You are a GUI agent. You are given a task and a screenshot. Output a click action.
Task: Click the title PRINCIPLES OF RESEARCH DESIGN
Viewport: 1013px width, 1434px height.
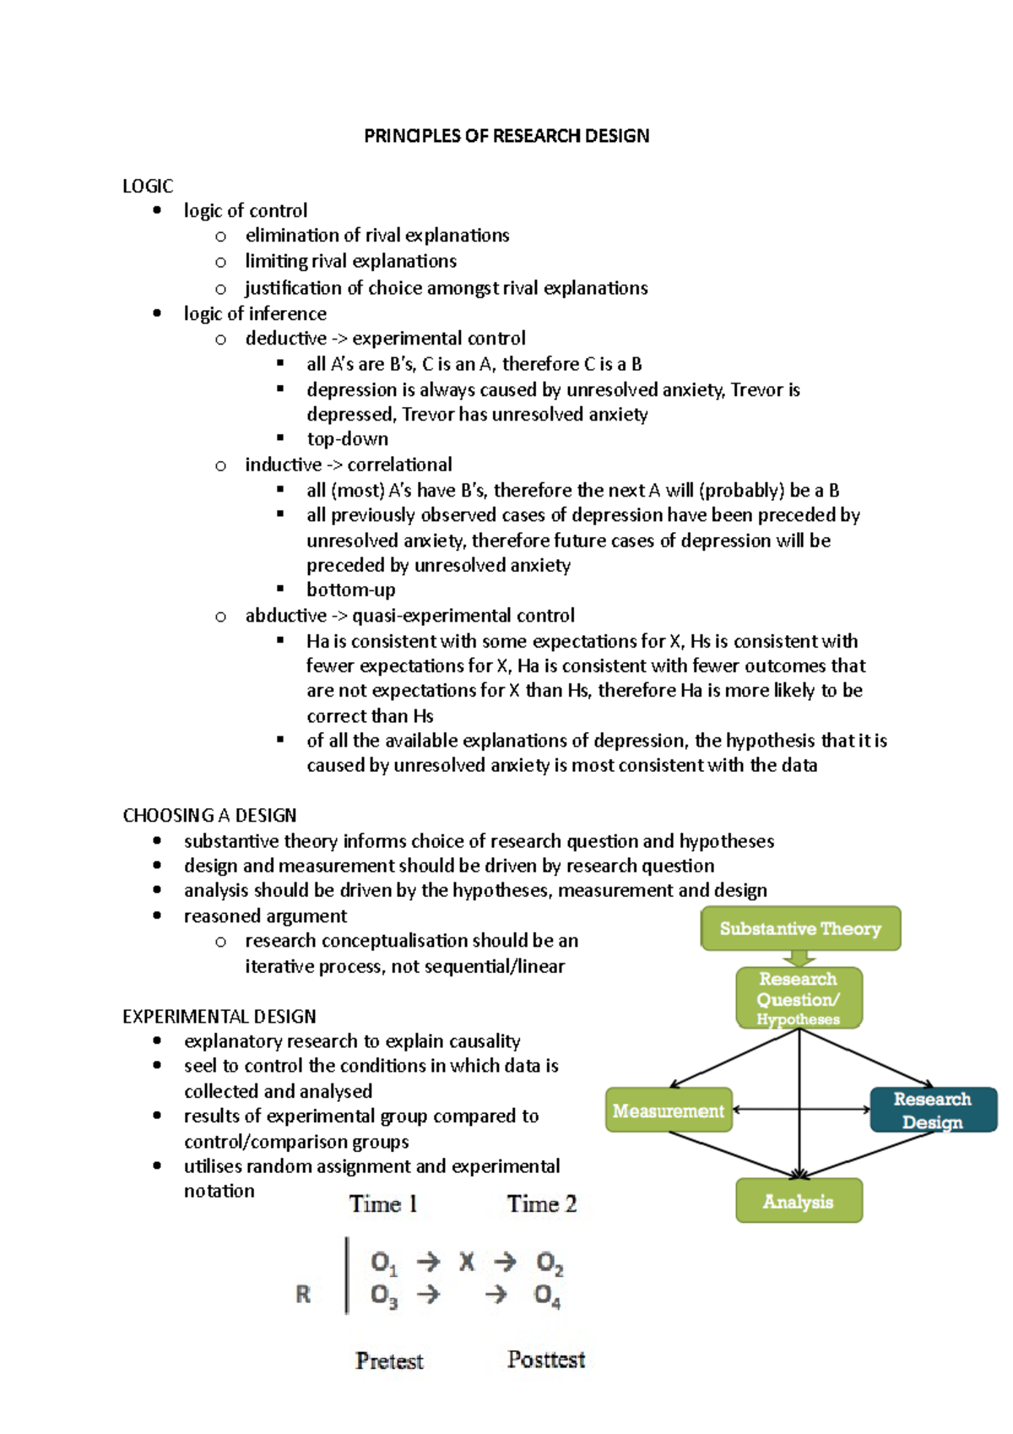[x=506, y=136]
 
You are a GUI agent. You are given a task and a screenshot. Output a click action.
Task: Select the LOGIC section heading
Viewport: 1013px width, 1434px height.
[x=148, y=186]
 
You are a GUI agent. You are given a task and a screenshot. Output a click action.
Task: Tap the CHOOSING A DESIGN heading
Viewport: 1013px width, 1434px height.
[x=209, y=815]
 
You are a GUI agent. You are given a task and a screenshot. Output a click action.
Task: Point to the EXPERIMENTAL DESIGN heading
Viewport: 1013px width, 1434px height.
[x=219, y=1016]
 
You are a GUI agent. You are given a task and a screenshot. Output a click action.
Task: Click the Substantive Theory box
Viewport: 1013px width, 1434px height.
[x=800, y=929]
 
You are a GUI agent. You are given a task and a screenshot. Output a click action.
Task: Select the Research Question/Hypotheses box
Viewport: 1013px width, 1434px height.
[x=799, y=998]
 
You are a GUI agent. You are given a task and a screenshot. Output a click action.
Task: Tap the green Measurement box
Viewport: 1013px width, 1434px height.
[x=669, y=1111]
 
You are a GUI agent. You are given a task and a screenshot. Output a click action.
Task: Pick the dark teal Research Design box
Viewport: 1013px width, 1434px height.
[x=933, y=1110]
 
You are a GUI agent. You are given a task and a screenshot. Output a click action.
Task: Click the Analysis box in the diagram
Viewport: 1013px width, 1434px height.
[x=799, y=1201]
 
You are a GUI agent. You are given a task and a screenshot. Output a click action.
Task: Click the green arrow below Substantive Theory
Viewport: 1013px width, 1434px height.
[x=799, y=959]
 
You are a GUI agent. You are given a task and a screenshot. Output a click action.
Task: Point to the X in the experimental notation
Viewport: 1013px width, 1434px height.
[x=467, y=1262]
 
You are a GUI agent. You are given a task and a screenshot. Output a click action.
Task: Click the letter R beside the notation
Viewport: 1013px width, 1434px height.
[x=303, y=1294]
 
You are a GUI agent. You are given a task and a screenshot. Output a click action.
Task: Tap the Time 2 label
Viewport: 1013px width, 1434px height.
[x=542, y=1204]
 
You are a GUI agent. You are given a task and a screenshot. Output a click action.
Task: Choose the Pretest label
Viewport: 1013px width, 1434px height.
[x=389, y=1361]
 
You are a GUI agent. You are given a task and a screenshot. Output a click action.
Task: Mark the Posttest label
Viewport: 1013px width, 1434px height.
[x=546, y=1360]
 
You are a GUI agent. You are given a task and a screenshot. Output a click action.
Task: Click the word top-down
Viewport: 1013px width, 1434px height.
[x=348, y=439]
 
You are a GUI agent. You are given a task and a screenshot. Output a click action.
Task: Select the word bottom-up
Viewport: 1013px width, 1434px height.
[x=351, y=589]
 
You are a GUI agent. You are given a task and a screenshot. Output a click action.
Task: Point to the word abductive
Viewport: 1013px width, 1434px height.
[x=285, y=616]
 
